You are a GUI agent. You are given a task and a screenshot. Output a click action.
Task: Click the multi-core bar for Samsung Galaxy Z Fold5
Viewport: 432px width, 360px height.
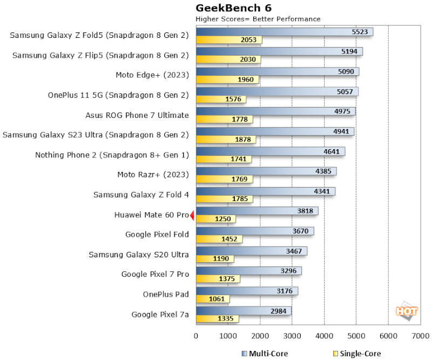pyautogui.click(x=284, y=32)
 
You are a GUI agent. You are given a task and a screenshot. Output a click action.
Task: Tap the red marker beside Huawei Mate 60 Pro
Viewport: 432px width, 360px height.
pyautogui.click(x=192, y=215)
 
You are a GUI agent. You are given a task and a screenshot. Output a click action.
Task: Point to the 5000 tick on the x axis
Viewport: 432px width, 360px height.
pyautogui.click(x=355, y=336)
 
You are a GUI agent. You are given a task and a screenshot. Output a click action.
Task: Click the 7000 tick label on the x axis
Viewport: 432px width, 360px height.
pyautogui.click(x=420, y=336)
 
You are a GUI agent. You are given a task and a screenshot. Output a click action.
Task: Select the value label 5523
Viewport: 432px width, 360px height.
pyautogui.click(x=359, y=32)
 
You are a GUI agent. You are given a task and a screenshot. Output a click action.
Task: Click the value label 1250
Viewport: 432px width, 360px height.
pyautogui.click(x=222, y=219)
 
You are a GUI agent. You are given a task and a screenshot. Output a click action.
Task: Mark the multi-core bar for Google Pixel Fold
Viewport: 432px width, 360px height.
pyautogui.click(x=254, y=231)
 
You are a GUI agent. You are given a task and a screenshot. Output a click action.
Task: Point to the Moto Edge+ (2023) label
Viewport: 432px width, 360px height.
pyautogui.click(x=152, y=75)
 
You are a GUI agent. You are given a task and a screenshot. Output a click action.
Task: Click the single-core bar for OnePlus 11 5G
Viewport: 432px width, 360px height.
pyautogui.click(x=221, y=99)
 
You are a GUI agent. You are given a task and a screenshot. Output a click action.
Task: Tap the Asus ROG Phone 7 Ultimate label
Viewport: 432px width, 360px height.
pyautogui.click(x=137, y=115)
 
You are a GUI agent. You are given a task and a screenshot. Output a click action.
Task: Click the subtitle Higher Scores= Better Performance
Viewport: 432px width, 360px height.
pyautogui.click(x=258, y=19)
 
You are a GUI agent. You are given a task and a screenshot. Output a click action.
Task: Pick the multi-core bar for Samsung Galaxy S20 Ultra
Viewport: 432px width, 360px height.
pyautogui.click(x=251, y=251)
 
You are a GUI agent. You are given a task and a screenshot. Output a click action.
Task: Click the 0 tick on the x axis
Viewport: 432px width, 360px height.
pyautogui.click(x=196, y=336)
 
